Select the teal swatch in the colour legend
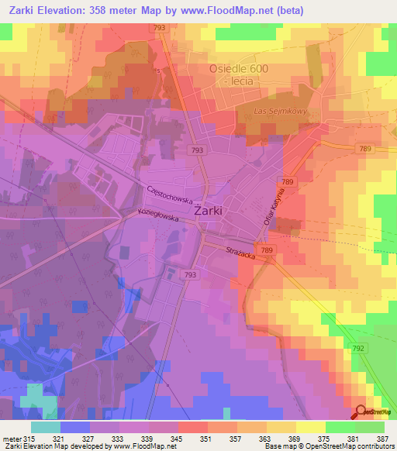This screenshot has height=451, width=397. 46,427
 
